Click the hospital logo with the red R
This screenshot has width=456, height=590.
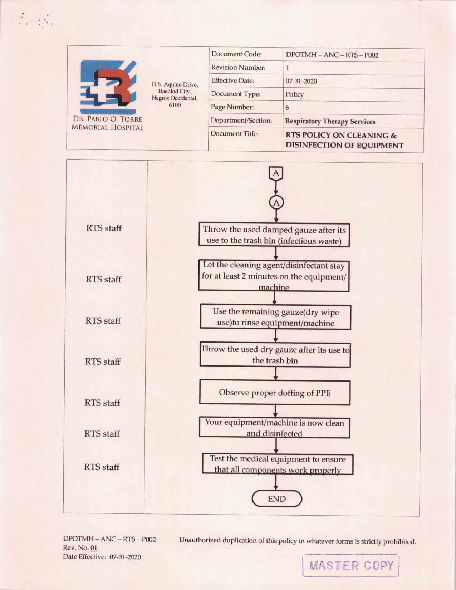click(108, 87)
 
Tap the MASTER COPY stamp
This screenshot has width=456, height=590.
click(351, 566)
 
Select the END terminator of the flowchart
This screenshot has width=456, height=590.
click(277, 498)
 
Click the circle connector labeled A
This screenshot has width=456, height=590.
click(276, 203)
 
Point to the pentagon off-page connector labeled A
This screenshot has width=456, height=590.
click(276, 173)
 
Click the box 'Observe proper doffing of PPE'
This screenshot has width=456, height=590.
click(275, 393)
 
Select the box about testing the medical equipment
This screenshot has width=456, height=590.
click(278, 464)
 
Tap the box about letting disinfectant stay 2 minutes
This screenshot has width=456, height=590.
click(274, 276)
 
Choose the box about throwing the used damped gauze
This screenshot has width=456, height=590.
click(274, 235)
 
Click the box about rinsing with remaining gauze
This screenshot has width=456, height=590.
click(275, 318)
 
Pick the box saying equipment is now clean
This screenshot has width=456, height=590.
click(274, 428)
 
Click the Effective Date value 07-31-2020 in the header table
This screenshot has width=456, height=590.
click(301, 81)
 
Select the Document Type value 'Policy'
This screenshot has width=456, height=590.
click(294, 94)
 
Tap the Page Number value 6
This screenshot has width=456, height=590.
click(287, 108)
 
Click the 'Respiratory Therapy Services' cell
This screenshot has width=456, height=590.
click(330, 121)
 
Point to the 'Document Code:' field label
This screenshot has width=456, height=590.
click(236, 54)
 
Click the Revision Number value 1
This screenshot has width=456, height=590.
click(287, 68)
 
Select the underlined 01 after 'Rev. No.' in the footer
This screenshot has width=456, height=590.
click(94, 548)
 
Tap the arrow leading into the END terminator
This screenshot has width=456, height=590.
click(276, 482)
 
